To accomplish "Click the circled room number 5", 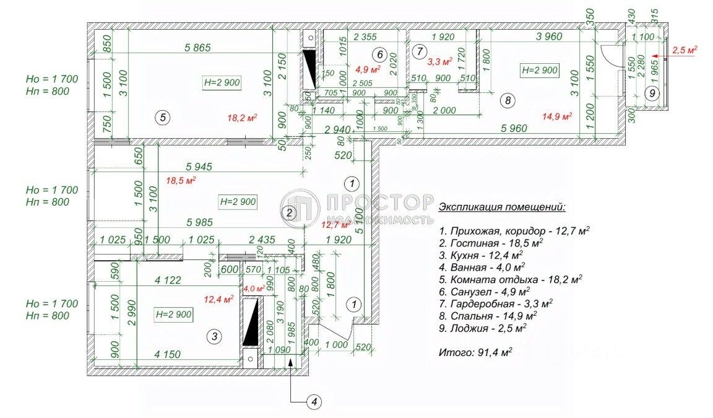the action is point(162,117).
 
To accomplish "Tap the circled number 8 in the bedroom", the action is point(507,100).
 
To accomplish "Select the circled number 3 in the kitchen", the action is point(214,336).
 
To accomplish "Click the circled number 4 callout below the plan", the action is point(314,401).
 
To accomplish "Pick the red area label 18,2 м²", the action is point(243,116).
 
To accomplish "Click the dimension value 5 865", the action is point(199,46).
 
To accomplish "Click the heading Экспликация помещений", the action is point(501,206).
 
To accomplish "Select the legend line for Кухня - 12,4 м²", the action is point(480,254).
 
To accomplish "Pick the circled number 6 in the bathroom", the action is point(380,54).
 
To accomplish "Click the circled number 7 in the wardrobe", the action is point(419,50).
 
